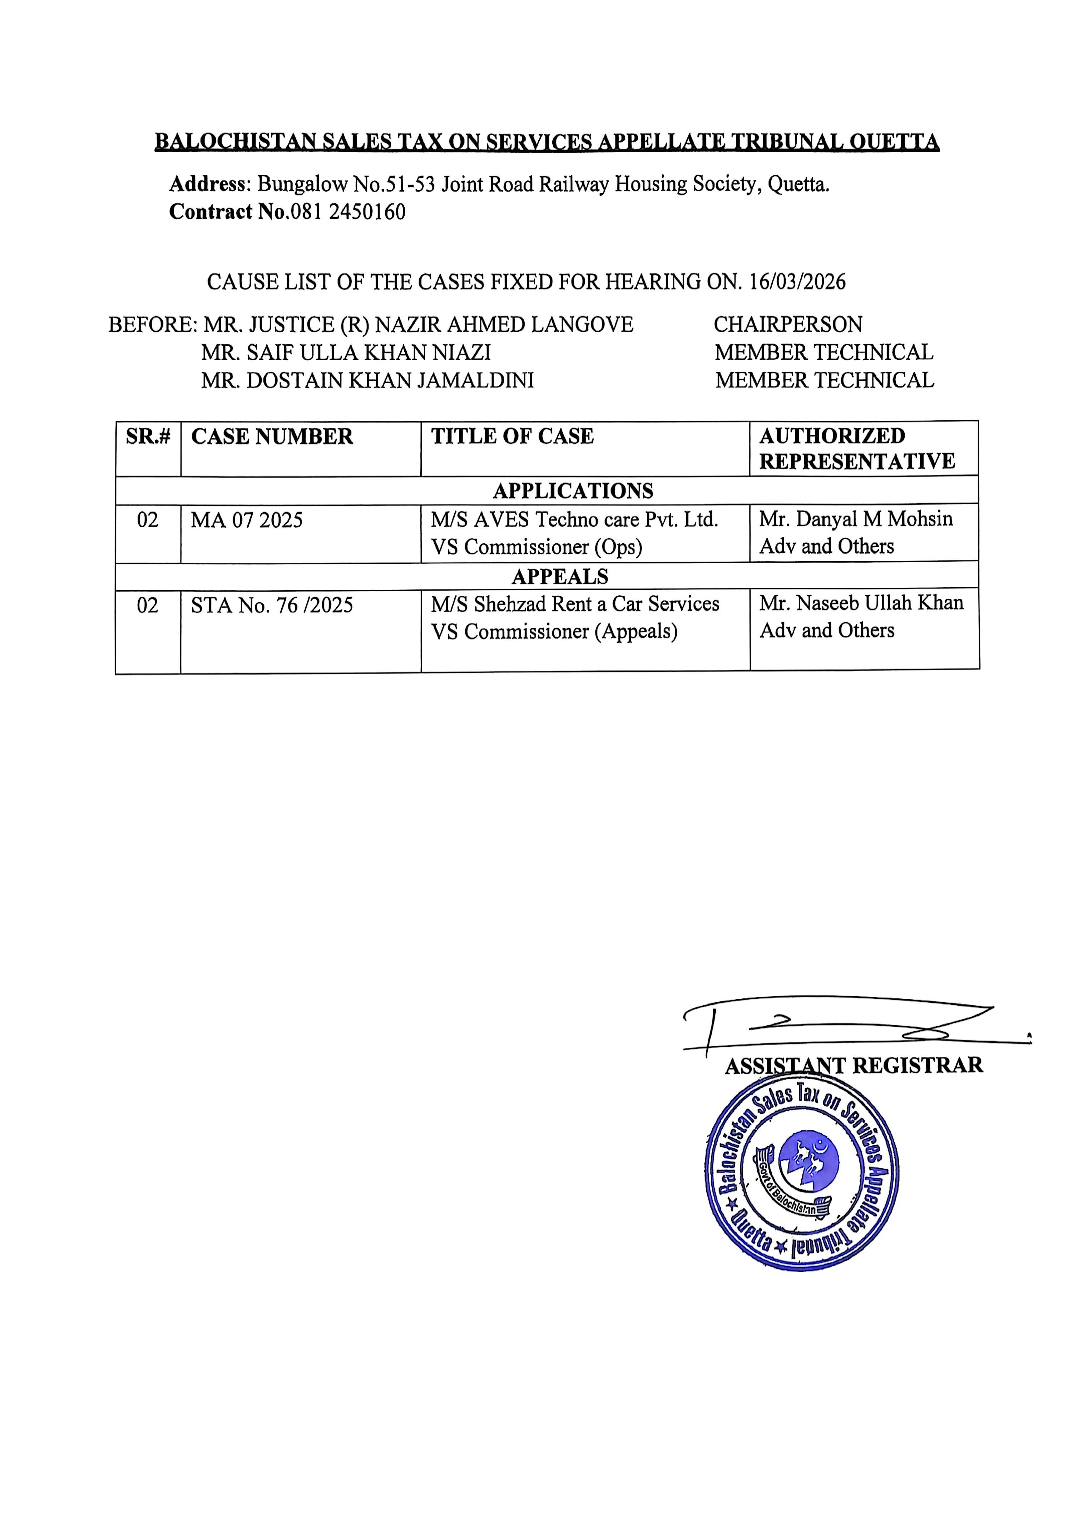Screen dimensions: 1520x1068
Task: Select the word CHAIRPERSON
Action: pyautogui.click(x=787, y=324)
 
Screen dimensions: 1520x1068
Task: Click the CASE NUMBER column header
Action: pyautogui.click(x=272, y=437)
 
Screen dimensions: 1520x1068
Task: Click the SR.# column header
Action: pyautogui.click(x=148, y=437)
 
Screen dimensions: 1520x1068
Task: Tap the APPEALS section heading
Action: pyautogui.click(x=559, y=577)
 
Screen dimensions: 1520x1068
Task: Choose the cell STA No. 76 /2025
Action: pyautogui.click(x=272, y=605)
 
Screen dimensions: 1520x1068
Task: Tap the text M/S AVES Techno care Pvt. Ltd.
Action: pyautogui.click(x=574, y=520)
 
